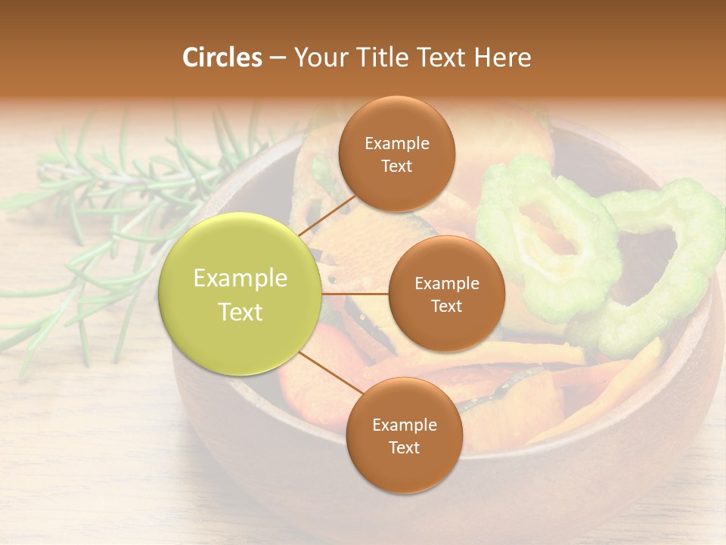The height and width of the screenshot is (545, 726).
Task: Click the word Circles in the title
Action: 222,58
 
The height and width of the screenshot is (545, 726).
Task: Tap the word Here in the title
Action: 501,58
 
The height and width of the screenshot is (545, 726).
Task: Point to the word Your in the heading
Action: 318,58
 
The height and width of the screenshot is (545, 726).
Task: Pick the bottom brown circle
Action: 404,469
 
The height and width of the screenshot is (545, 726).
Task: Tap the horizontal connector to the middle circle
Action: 355,294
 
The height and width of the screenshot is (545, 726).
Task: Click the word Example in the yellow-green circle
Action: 240,279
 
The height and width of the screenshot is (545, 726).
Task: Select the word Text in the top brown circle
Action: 396,167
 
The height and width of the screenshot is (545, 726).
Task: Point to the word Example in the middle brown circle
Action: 447,284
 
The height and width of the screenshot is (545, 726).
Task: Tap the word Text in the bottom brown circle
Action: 404,448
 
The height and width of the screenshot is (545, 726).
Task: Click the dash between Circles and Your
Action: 278,58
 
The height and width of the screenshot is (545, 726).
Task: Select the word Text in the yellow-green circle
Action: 240,312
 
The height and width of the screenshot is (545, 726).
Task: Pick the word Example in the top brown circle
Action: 397,144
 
